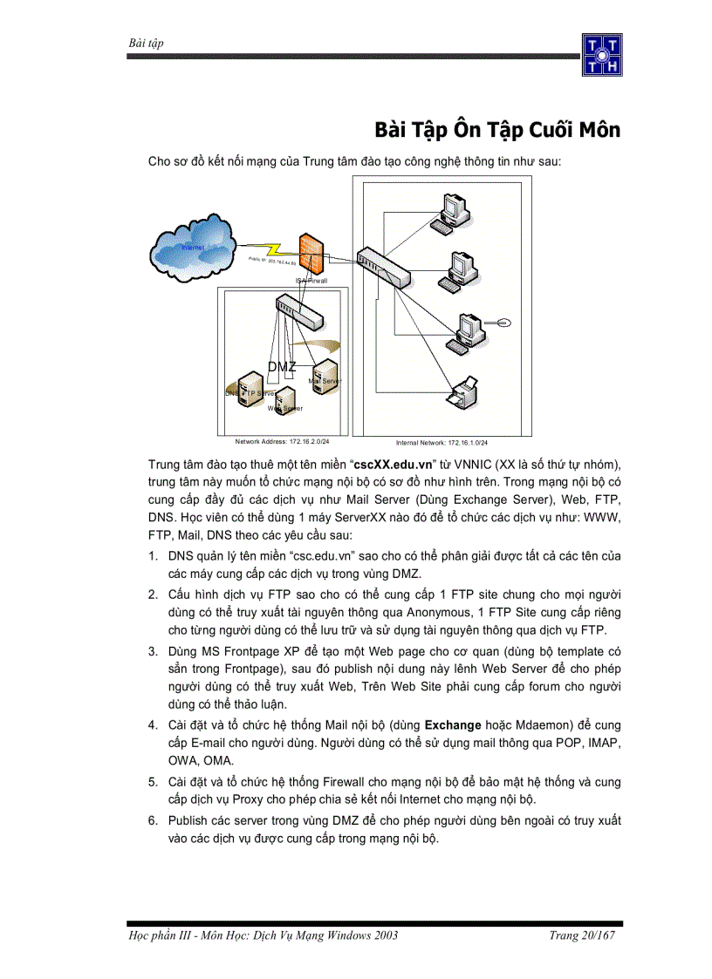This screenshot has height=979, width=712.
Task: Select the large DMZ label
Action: click(282, 367)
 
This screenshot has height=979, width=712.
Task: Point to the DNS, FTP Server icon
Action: click(238, 389)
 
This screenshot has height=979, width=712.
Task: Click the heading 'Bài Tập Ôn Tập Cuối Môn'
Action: click(497, 130)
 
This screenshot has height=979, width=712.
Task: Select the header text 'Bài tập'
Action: click(146, 43)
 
